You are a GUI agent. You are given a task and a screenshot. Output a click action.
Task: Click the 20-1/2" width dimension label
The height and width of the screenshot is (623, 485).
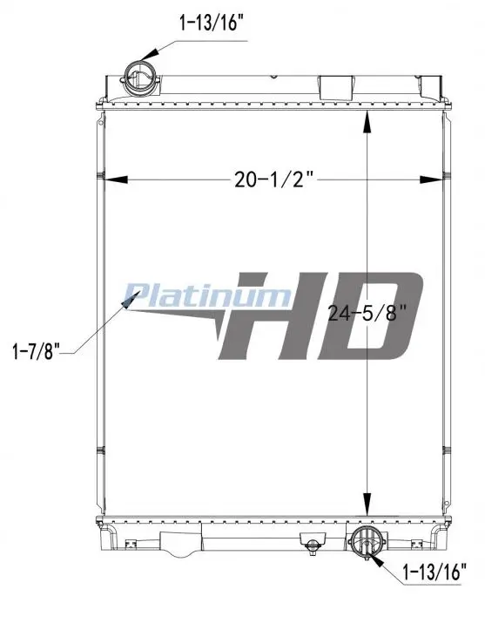[x=274, y=179]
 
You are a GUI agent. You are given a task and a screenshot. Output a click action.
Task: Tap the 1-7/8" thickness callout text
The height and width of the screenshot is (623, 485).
[x=36, y=351]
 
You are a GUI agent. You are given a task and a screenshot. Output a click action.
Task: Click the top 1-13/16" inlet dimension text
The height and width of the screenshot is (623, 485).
[x=211, y=23]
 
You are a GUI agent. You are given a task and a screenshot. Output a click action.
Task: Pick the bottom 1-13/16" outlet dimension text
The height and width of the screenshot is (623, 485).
[x=434, y=572]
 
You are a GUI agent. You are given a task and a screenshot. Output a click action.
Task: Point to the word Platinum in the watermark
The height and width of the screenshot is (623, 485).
[x=207, y=295]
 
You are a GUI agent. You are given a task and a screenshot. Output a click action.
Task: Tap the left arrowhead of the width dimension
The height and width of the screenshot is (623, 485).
[x=115, y=179]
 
